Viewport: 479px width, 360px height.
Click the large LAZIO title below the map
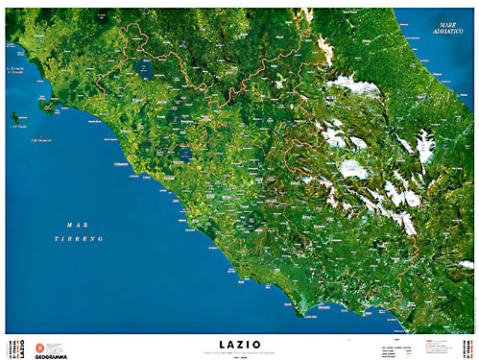pos(239,341)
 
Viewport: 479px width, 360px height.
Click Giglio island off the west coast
pos(15,122)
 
